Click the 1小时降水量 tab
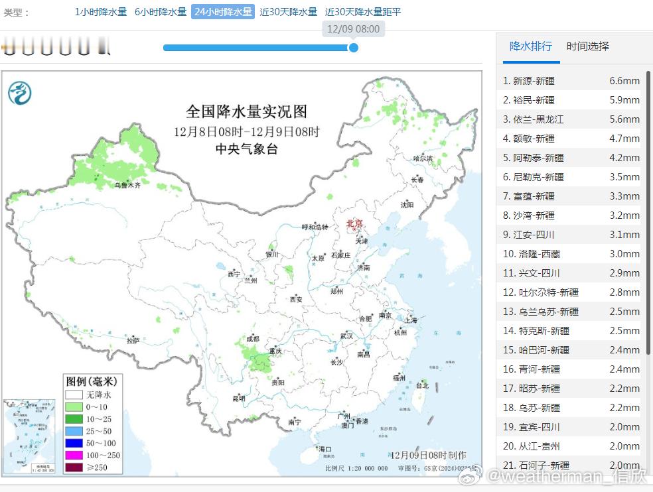(100, 12)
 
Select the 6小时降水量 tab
(161, 12)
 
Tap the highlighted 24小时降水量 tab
(223, 12)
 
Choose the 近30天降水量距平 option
(363, 12)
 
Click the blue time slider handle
(354, 48)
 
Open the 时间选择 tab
(587, 46)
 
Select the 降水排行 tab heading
(530, 46)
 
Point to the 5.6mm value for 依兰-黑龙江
(624, 119)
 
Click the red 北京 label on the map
(355, 223)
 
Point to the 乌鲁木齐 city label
(127, 186)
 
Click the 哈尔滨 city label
(423, 158)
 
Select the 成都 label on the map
(252, 339)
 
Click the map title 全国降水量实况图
(246, 111)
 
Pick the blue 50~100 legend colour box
(74, 443)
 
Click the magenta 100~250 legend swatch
(74, 455)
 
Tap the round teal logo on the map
(20, 92)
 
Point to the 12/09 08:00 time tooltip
(354, 29)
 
